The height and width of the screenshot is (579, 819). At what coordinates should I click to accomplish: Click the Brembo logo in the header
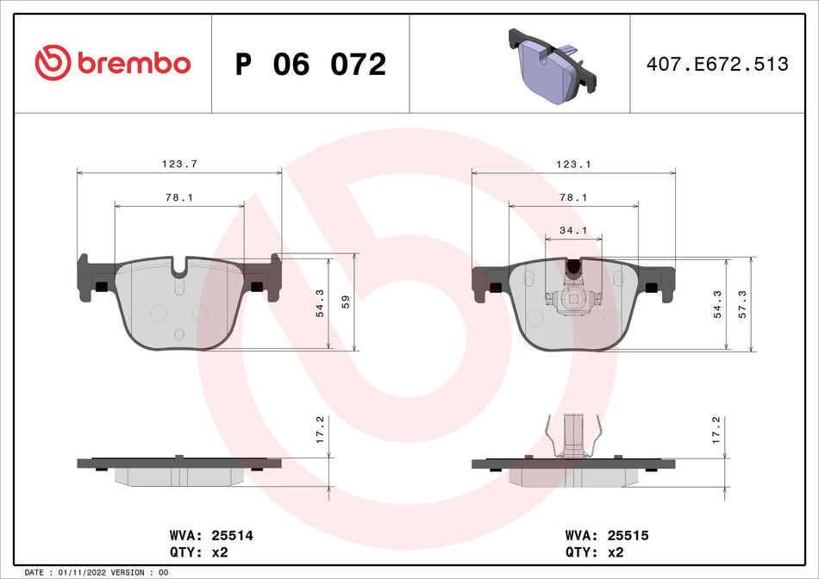(112, 63)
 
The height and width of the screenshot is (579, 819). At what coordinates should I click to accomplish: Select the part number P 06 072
(310, 65)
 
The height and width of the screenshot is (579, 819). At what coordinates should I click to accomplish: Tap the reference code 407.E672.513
(717, 65)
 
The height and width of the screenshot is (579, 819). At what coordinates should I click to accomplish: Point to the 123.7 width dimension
(179, 163)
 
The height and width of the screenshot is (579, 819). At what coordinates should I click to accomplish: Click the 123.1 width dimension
(572, 163)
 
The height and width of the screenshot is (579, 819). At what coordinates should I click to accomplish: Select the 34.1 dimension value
(573, 230)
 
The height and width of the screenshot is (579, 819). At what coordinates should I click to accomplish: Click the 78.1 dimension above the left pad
(178, 197)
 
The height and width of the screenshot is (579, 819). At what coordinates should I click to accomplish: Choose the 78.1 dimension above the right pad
(573, 197)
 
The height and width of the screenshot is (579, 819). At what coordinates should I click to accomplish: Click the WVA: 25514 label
(212, 535)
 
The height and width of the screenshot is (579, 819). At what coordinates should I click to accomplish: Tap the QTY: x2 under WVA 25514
(200, 552)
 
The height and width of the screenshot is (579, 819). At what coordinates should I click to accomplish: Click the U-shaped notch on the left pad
(179, 269)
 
